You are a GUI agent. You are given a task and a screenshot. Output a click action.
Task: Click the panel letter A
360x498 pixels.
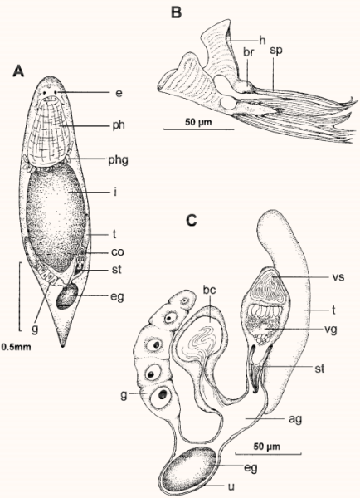pyautogui.click(x=18, y=71)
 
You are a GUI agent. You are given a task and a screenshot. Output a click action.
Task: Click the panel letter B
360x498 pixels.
pyautogui.click(x=176, y=12)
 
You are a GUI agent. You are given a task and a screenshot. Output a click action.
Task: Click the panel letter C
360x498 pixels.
pyautogui.click(x=192, y=219)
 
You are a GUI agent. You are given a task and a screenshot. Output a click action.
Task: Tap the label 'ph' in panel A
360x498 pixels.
pyautogui.click(x=119, y=125)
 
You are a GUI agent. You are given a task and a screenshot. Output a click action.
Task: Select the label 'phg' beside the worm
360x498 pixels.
pyautogui.click(x=119, y=159)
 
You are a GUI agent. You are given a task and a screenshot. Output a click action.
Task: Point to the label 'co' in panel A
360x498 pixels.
pyautogui.click(x=117, y=251)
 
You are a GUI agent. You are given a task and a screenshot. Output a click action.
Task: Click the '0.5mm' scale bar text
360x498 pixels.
pyautogui.click(x=17, y=346)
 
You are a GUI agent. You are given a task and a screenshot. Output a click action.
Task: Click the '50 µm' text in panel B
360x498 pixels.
pyautogui.click(x=199, y=122)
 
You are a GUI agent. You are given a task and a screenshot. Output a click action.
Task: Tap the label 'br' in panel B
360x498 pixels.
pyautogui.click(x=249, y=51)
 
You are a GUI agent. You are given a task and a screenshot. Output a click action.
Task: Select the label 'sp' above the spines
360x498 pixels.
pyautogui.click(x=276, y=51)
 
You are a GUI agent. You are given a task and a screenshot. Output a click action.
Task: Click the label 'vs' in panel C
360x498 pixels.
pyautogui.click(x=338, y=277)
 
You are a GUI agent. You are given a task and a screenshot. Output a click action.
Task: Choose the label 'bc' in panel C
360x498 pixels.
pyautogui.click(x=210, y=290)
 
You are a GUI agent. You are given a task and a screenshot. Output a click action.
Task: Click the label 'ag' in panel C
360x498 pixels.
pyautogui.click(x=295, y=419)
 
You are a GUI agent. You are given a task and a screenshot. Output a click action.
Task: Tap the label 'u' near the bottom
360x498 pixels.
pyautogui.click(x=231, y=486)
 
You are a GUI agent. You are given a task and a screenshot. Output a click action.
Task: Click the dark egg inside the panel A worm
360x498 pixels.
pyautogui.click(x=67, y=295)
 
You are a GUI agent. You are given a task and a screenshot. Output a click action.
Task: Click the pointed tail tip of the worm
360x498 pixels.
pyautogui.click(x=64, y=346)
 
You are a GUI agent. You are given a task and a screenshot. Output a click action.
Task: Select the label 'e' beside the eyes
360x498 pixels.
pyautogui.click(x=119, y=93)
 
